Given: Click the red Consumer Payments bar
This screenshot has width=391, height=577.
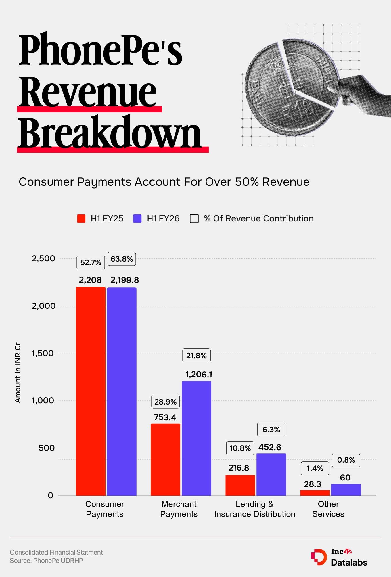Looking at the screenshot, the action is [91, 391].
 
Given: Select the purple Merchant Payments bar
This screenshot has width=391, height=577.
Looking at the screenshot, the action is [197, 438].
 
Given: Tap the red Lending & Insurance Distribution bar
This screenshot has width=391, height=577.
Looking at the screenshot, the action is [240, 485].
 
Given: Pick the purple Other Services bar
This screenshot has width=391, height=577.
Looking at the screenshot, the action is [346, 490].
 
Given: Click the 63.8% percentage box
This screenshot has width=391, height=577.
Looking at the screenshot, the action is [122, 259].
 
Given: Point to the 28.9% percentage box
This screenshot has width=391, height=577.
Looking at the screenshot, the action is [165, 402].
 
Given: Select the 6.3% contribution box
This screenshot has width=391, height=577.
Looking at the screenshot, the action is [271, 430].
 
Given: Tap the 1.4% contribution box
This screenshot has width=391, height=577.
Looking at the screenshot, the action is [315, 468].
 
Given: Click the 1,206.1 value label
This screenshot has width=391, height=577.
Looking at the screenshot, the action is [199, 374].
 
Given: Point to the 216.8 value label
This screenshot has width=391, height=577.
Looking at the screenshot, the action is [239, 468].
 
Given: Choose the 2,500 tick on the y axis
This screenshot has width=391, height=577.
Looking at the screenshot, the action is [43, 258].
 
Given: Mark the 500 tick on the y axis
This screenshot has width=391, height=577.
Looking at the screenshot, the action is [47, 448].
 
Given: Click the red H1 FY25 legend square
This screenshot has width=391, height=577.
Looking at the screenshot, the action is [81, 218].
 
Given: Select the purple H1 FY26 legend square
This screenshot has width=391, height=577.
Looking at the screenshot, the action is [137, 218].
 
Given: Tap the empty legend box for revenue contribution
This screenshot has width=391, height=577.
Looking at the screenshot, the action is [194, 218].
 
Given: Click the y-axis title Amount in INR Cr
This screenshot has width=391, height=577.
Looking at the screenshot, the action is [18, 373].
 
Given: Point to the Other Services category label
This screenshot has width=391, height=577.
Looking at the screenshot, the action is [328, 509].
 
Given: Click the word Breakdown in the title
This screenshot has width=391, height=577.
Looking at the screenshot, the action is [110, 133].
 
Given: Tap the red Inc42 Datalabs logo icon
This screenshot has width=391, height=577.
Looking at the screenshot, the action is [319, 557].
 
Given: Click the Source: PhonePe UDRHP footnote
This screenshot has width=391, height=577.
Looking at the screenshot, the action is [46, 560].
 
